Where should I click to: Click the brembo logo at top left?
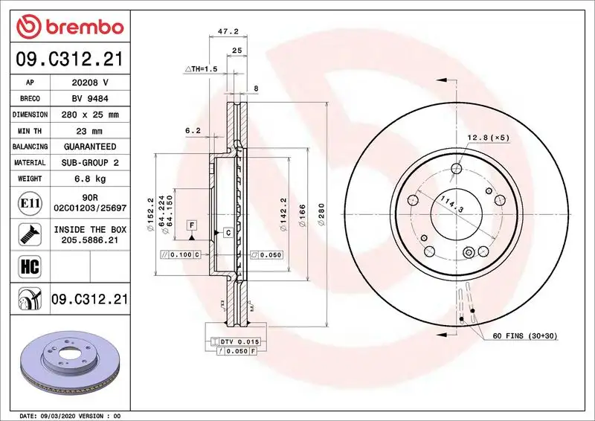[69, 28]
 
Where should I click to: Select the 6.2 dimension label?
[193, 131]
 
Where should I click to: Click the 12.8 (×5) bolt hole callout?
[488, 138]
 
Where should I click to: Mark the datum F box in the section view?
[191, 225]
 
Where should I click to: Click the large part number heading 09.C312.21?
[69, 59]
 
